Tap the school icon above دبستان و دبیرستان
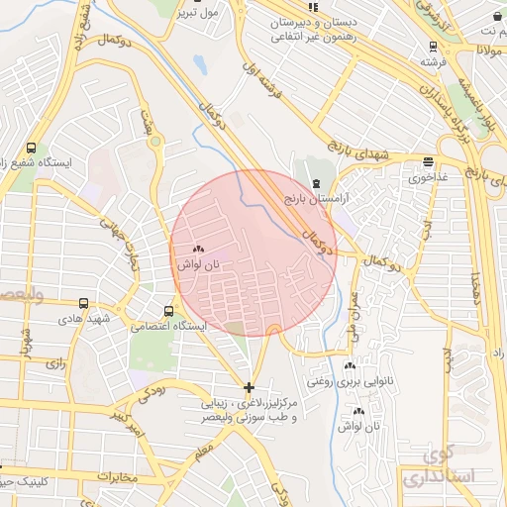pyautogui.click(x=314, y=6)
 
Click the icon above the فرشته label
pyautogui.click(x=432, y=46)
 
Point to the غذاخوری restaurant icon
pyautogui.click(x=427, y=162)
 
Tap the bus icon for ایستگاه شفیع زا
pyautogui.click(x=32, y=147)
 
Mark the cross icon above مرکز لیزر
pyautogui.click(x=249, y=386)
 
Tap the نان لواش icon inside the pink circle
pyautogui.click(x=198, y=251)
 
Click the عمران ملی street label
pyautogui.click(x=355, y=315)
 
